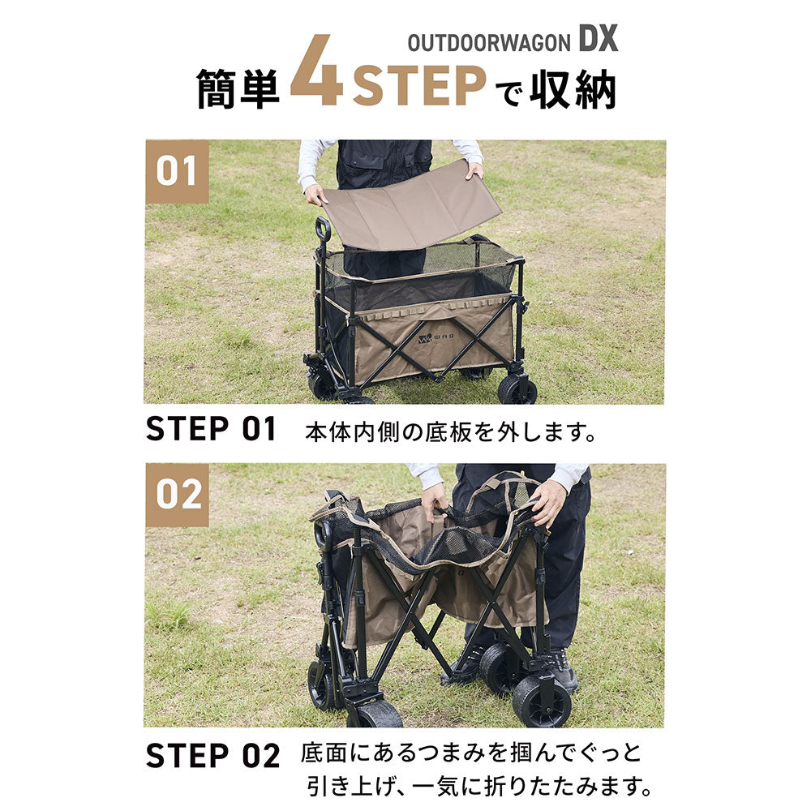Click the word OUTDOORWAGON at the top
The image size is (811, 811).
tap(489, 44)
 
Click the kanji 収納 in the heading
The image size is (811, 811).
tap(573, 89)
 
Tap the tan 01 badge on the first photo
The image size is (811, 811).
tap(177, 171)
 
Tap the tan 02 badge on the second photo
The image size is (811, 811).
tap(177, 495)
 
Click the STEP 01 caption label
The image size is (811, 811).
tap(211, 429)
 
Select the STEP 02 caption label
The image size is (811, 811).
tap(212, 756)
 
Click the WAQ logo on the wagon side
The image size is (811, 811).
tap(436, 339)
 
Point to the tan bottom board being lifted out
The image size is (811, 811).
tap(412, 205)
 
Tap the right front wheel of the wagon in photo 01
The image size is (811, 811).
tap(517, 388)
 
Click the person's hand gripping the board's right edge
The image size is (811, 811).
tap(474, 170)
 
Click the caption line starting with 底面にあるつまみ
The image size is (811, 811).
tap(471, 753)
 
